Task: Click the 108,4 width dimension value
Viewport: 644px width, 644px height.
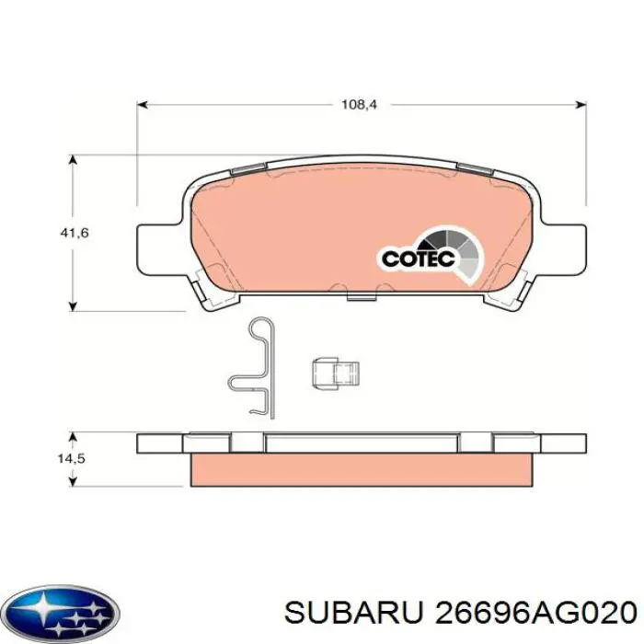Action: pyautogui.click(x=360, y=106)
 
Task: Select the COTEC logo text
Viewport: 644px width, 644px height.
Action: pyautogui.click(x=419, y=259)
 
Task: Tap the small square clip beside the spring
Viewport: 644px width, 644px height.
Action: pyautogui.click(x=335, y=374)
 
